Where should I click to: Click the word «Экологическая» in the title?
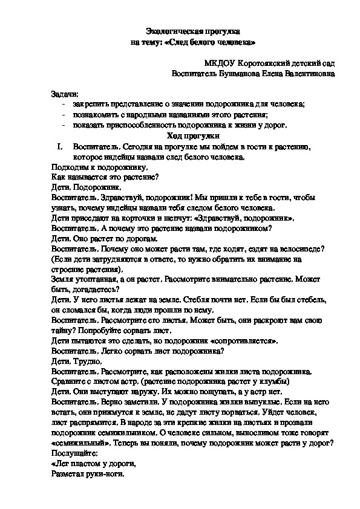(x=171, y=30)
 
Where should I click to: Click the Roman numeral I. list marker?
(x=59, y=146)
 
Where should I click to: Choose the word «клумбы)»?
(x=277, y=383)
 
